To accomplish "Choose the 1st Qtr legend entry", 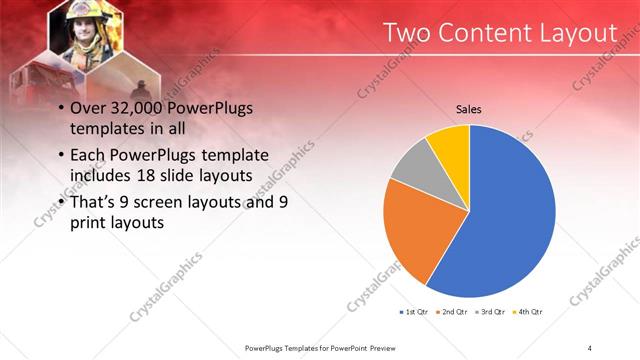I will coord(417,313).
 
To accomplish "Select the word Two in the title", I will coord(410,33).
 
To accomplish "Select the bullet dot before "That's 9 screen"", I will coord(62,204).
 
